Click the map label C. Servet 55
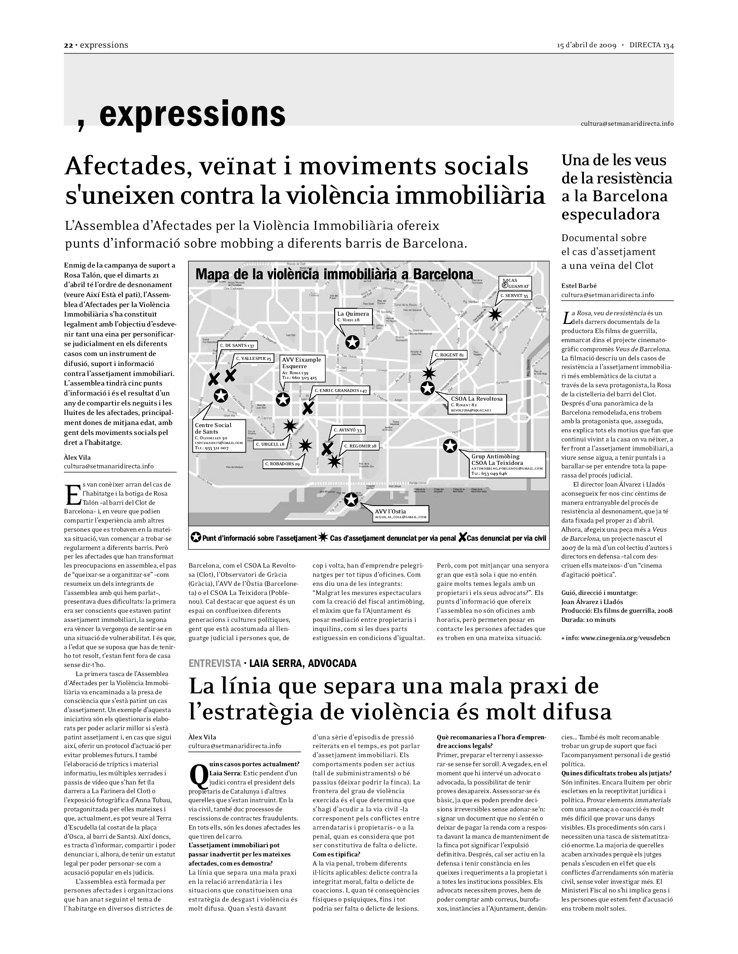point(514,296)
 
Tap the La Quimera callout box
point(354,317)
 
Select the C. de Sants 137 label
point(237,345)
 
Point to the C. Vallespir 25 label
point(254,359)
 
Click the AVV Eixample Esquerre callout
point(302,368)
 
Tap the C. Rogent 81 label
point(449,355)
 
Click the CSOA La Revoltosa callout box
point(477,404)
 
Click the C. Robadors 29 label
point(282,464)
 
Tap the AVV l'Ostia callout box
point(401,514)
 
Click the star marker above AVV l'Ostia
point(351,500)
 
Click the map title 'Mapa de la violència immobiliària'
point(334,274)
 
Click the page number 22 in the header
point(68,45)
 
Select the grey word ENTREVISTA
point(214,663)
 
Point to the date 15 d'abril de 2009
point(586,46)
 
